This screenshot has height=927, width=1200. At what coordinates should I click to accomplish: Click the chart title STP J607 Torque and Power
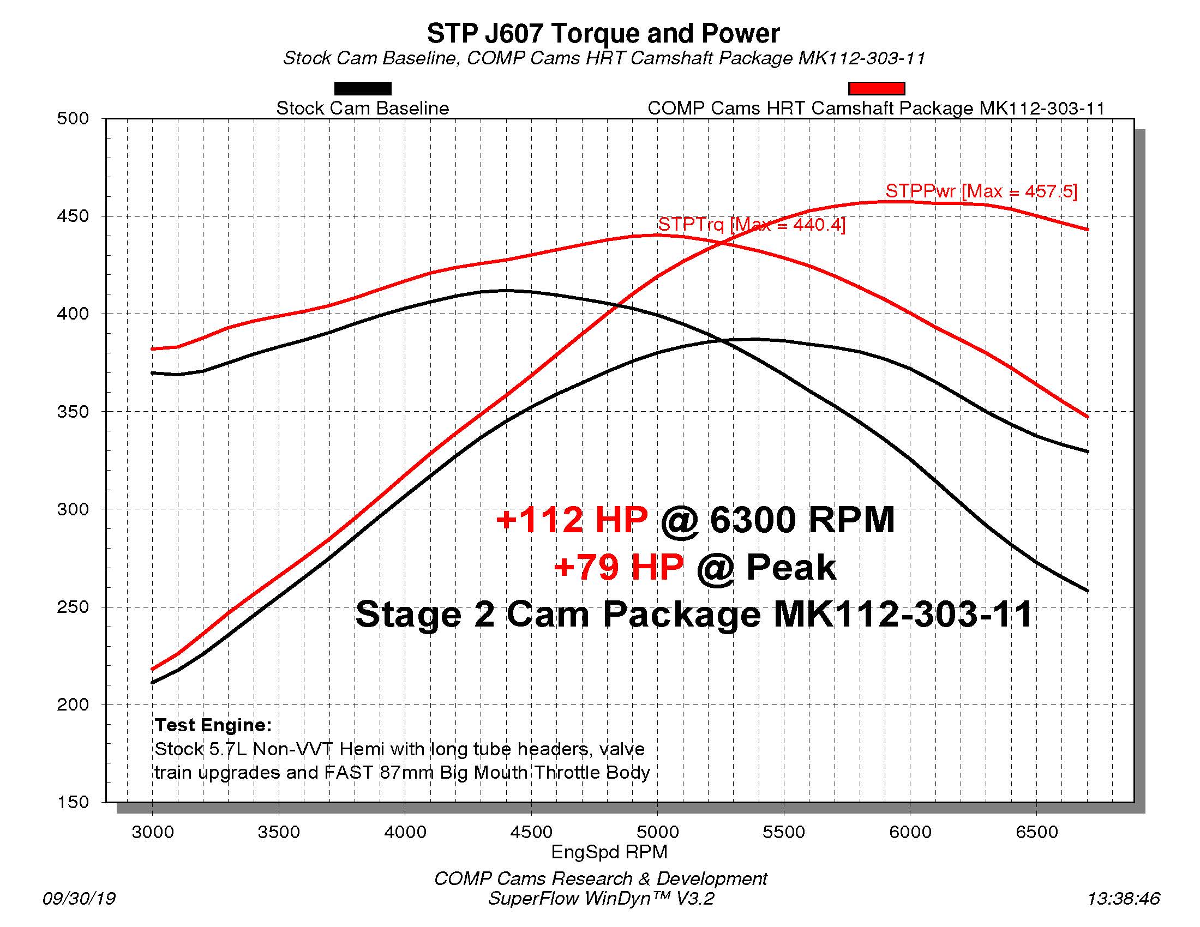point(603,34)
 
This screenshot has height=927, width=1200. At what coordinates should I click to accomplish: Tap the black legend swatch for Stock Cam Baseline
point(363,88)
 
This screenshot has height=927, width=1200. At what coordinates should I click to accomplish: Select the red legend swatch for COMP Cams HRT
point(877,88)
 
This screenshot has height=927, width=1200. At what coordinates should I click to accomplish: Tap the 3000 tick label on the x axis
point(153,832)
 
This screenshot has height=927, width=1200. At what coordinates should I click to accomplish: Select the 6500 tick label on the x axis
point(1036,832)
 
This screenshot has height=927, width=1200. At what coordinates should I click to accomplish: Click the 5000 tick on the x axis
point(658,832)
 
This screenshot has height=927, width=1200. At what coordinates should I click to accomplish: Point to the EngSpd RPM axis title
point(609,852)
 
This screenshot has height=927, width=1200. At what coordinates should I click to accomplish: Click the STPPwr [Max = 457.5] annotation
point(981,191)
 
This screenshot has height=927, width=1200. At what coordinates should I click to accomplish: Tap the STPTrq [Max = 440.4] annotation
point(751,224)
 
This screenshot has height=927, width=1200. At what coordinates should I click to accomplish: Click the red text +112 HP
point(572,520)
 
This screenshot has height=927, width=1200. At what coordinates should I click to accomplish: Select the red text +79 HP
point(619,567)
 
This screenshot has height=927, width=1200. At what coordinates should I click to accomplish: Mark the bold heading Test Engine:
point(213,725)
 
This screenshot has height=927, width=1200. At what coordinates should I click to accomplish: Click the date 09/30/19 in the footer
point(79,898)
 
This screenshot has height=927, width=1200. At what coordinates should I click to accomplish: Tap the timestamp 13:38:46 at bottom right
point(1123,898)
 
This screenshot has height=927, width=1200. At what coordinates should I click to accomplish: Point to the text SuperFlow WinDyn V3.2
point(601,899)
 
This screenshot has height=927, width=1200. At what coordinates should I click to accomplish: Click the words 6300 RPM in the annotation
point(802,520)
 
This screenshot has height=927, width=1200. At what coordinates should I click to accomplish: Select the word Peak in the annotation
point(791,568)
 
